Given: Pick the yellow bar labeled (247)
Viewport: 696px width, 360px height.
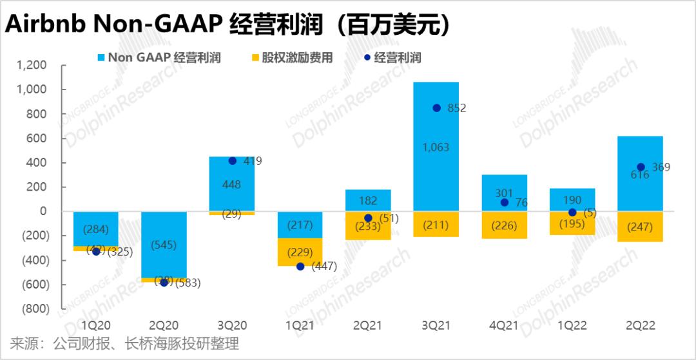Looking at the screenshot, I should point(640,227).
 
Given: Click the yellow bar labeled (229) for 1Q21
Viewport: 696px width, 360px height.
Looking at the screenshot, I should point(300,252).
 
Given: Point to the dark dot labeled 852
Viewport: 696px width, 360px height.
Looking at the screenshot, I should point(437,108).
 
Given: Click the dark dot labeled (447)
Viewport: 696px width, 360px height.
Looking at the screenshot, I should point(300,267).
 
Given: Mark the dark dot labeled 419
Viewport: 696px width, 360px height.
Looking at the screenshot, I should point(233,161).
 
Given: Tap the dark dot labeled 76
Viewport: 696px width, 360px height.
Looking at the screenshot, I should point(505,202).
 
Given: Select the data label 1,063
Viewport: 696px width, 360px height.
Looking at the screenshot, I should point(436,147).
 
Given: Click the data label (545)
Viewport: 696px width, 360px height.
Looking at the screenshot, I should point(164,245).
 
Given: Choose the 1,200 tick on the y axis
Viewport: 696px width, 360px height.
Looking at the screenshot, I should point(32,65).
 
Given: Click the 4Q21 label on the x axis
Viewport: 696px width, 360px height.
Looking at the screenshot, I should point(504,326).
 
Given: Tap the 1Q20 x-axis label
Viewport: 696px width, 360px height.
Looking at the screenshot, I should point(96,326).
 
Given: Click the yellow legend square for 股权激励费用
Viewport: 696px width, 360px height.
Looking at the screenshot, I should point(255,58).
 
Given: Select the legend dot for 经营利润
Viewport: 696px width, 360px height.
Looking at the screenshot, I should point(367,58).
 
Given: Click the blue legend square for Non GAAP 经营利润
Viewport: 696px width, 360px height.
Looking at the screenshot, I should point(102,58).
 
